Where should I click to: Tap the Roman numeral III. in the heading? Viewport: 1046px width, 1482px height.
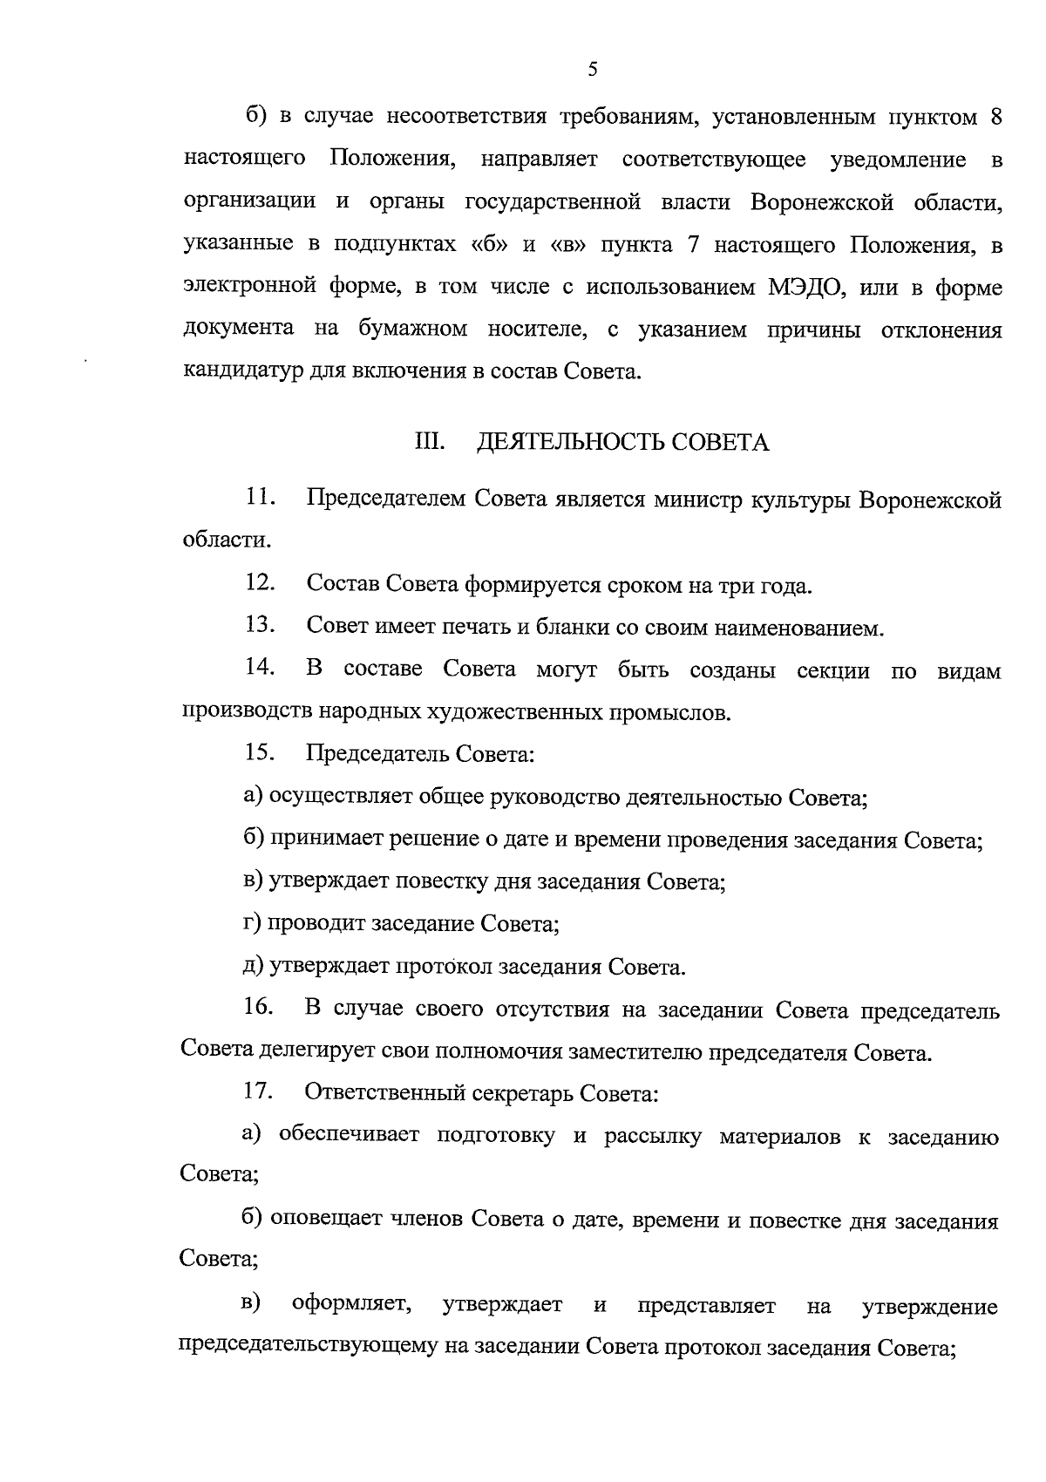point(429,443)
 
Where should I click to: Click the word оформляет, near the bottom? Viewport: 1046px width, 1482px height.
point(353,1305)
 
